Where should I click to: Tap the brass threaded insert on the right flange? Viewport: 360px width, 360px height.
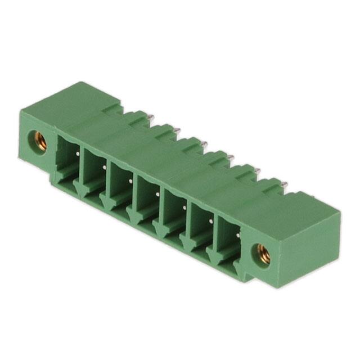point(263,254)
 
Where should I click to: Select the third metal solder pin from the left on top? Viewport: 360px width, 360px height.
point(205,144)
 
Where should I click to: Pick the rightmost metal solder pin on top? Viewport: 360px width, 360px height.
point(285,184)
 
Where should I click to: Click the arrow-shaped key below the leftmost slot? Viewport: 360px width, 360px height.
point(79,192)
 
